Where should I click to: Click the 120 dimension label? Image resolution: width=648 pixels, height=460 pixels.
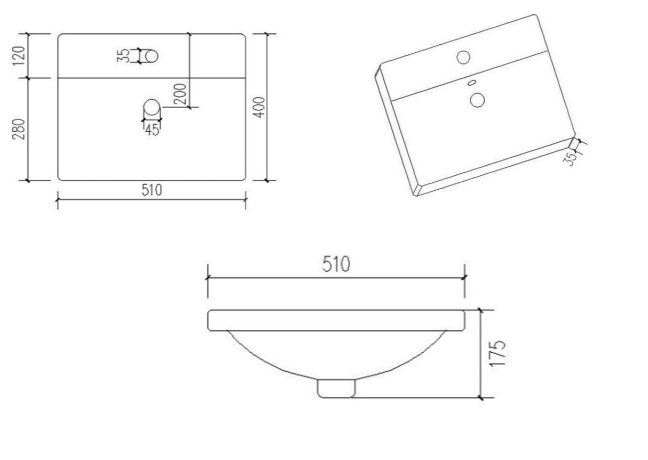pos(19,56)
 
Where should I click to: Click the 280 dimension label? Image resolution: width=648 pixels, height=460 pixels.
pos(19,129)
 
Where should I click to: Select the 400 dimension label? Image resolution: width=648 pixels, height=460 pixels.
pos(259,107)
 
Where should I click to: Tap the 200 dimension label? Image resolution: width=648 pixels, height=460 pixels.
pos(180,94)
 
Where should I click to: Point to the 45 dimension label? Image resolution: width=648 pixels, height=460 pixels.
pos(152,130)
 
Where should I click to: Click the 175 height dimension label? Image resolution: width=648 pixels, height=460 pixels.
pos(497,353)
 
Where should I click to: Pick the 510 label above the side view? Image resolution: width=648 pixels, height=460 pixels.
pos(336,264)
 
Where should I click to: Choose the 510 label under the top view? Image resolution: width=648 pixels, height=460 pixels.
pos(152,190)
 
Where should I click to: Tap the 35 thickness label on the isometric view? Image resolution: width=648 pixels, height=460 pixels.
pos(570,159)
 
